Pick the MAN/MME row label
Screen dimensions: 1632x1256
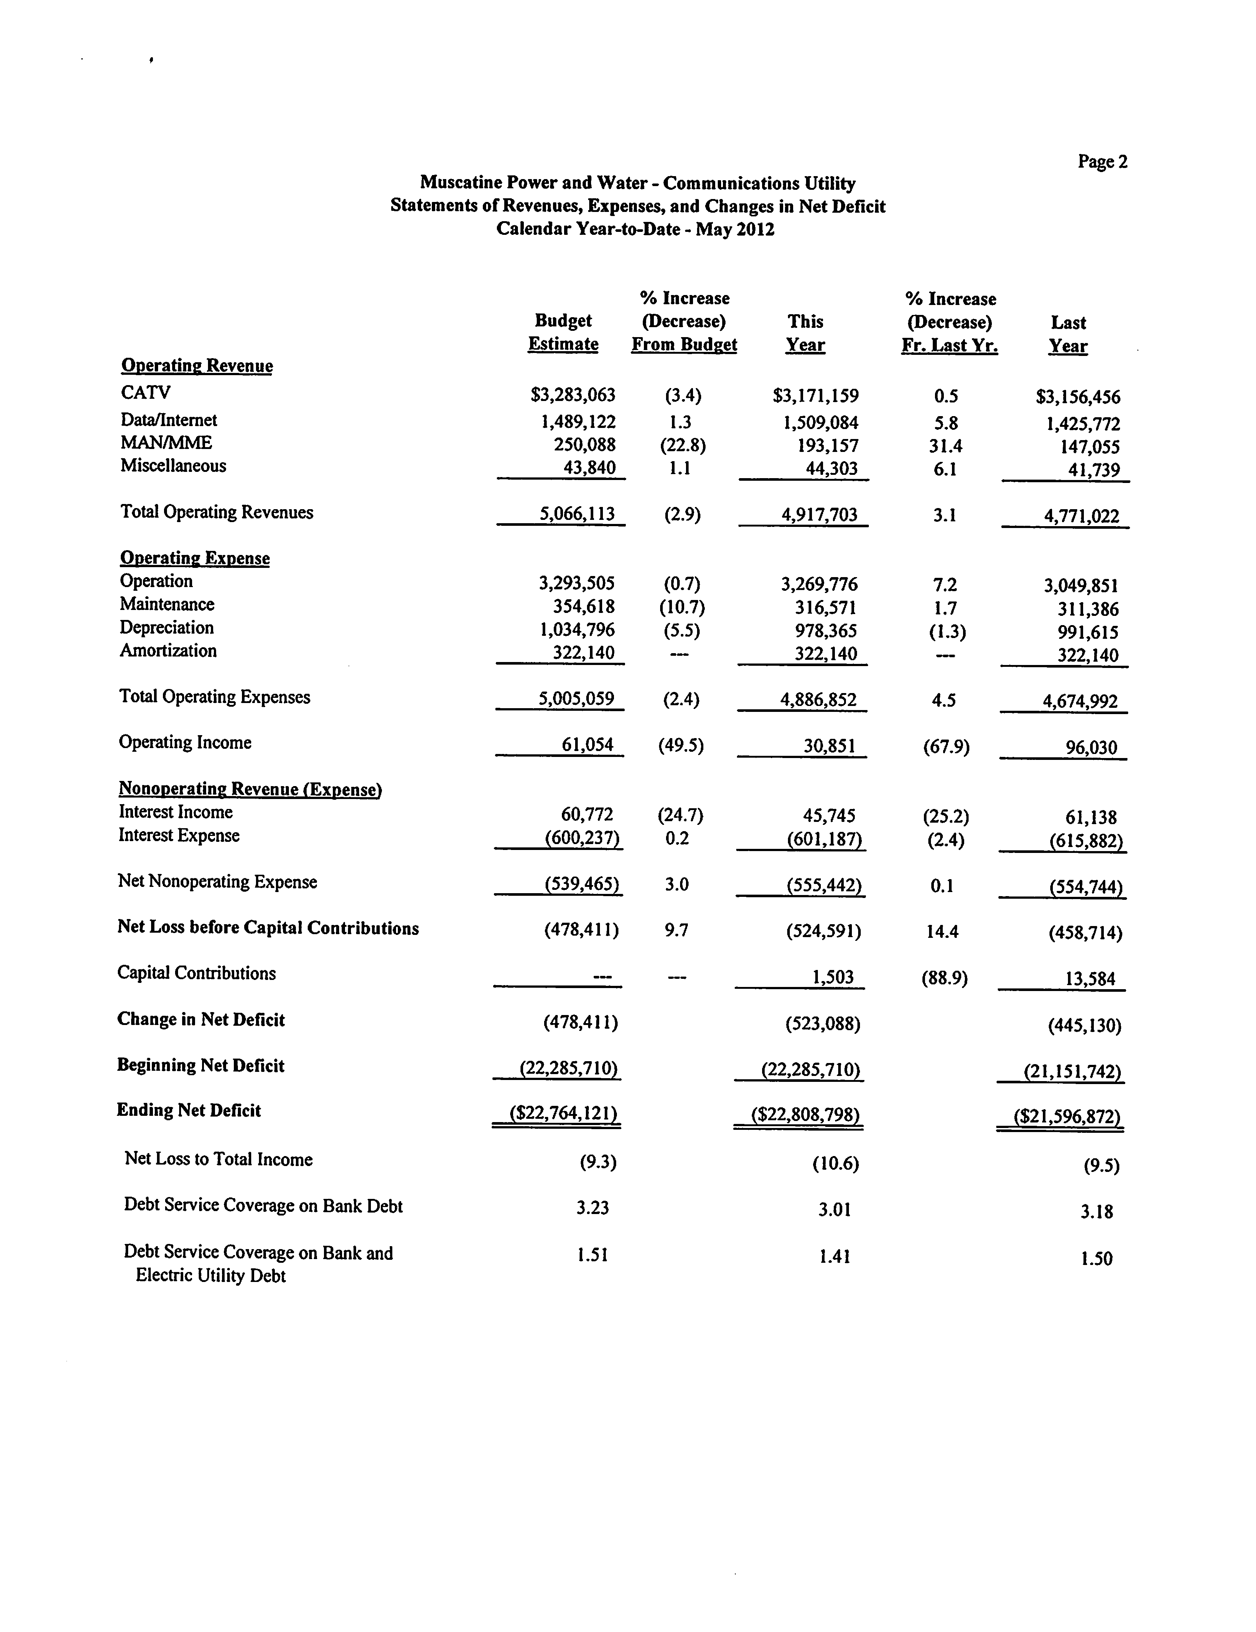click(x=166, y=443)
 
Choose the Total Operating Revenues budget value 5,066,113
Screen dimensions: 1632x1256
click(x=577, y=514)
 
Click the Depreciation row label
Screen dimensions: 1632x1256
click(x=167, y=628)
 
